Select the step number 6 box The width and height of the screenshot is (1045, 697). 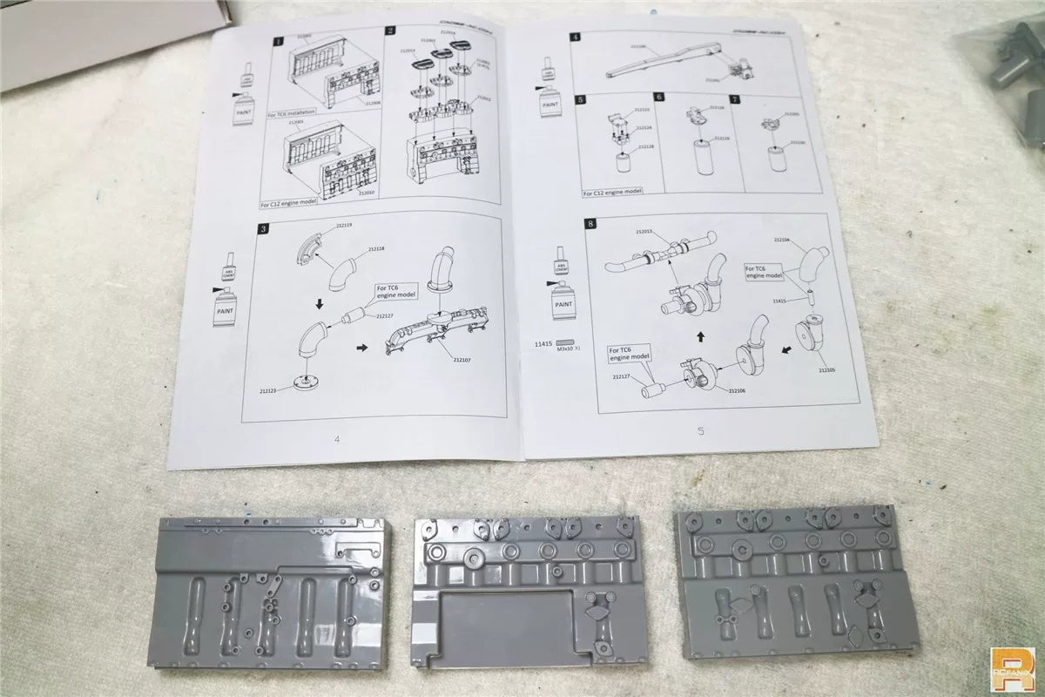point(659,99)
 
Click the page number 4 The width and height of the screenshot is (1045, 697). point(336,437)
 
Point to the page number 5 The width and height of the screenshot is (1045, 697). point(701,430)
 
